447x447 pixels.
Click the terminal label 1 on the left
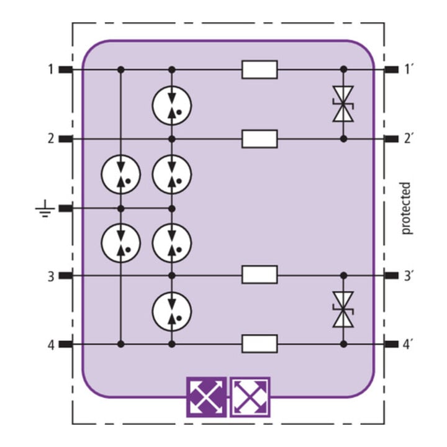click(x=51, y=70)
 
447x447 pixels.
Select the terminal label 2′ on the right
click(x=409, y=139)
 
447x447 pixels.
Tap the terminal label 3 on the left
click(x=51, y=276)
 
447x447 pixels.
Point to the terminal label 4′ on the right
click(x=409, y=345)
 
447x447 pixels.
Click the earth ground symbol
click(x=45, y=209)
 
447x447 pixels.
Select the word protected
click(x=406, y=209)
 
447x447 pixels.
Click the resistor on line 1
click(x=260, y=70)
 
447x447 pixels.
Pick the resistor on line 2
click(x=260, y=139)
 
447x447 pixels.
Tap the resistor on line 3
click(x=260, y=274)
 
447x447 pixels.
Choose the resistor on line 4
click(x=260, y=344)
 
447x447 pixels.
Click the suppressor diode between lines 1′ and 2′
click(x=343, y=104)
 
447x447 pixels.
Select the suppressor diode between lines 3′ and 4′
click(x=343, y=309)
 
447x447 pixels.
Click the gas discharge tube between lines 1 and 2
click(x=171, y=105)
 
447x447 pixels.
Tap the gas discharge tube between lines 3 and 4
click(x=171, y=311)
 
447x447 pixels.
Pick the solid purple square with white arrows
click(x=207, y=397)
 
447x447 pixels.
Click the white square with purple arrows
click(x=250, y=397)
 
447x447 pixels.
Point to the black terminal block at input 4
click(x=66, y=345)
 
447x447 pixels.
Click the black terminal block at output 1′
click(x=391, y=70)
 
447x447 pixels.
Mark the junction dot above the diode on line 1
click(x=344, y=70)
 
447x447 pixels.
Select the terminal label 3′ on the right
click(x=409, y=276)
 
